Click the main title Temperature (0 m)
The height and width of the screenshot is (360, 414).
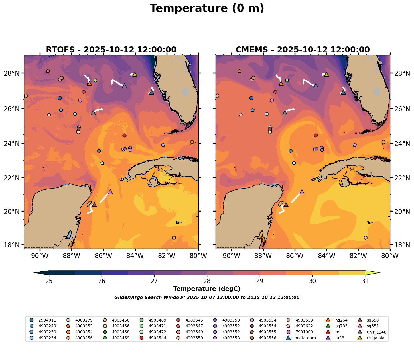207,9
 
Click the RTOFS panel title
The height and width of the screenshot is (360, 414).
111,50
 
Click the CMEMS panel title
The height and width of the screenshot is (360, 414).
303,50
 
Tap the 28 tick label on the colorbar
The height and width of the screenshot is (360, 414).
207,281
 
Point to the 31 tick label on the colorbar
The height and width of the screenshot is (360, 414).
365,281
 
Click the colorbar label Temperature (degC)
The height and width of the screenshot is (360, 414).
207,289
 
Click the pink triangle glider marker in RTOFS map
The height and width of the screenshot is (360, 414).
110,192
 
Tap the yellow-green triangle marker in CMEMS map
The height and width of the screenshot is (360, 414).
326,75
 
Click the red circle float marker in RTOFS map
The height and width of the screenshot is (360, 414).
124,135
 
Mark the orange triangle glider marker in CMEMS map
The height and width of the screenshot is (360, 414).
281,84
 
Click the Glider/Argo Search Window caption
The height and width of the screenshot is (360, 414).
207,298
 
